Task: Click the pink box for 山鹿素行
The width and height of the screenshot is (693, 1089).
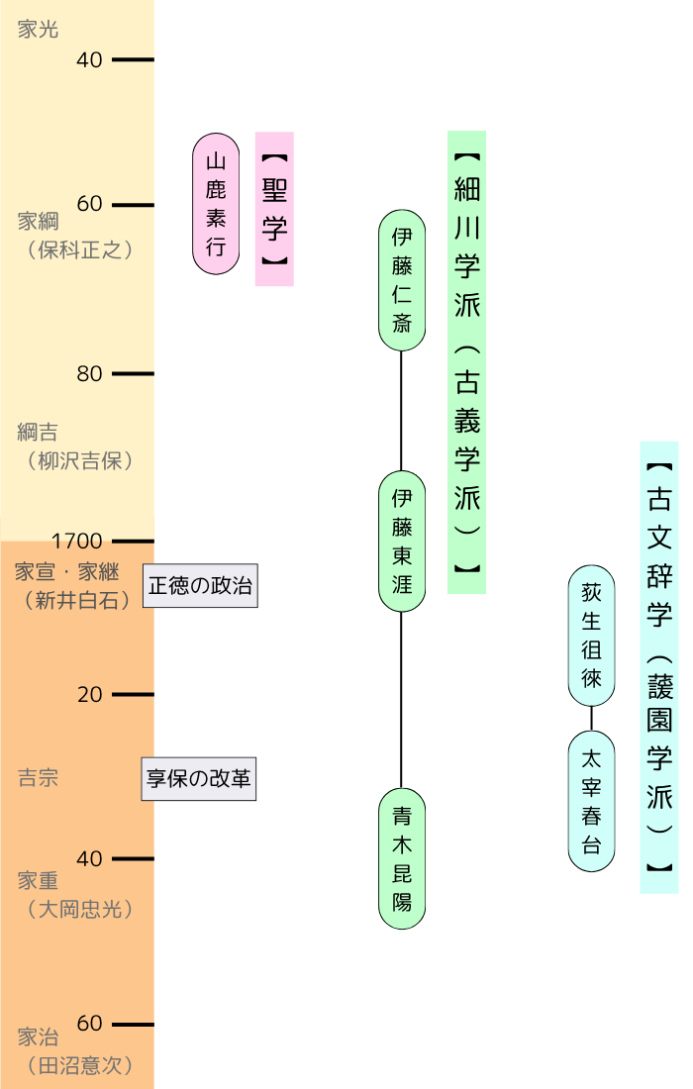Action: pos(216,204)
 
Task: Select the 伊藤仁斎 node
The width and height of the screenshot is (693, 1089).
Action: pos(402,280)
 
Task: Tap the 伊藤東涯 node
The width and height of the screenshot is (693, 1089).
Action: pos(402,542)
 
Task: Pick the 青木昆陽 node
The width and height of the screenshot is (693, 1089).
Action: pos(402,859)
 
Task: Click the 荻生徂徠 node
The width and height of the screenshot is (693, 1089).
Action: pos(591,636)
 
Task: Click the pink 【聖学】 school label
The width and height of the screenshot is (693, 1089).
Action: pos(274,209)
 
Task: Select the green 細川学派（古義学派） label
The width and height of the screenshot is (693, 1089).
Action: pos(466,362)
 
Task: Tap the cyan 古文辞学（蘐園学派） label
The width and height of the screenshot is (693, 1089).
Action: pos(658,667)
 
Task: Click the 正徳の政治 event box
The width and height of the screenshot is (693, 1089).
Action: pos(200,586)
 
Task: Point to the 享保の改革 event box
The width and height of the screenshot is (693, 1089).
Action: pos(199,779)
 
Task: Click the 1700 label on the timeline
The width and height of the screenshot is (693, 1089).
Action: pos(77,542)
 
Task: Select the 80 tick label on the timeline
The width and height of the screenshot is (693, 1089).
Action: pos(89,374)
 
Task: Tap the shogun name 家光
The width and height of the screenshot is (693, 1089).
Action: pos(39,30)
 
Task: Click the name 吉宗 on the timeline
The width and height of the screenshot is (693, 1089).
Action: pos(39,778)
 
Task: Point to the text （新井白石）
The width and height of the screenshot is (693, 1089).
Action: pos(78,600)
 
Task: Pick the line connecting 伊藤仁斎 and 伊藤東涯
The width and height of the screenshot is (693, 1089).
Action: pos(401,411)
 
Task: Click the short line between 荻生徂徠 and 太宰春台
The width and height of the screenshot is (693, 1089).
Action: pos(591,719)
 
